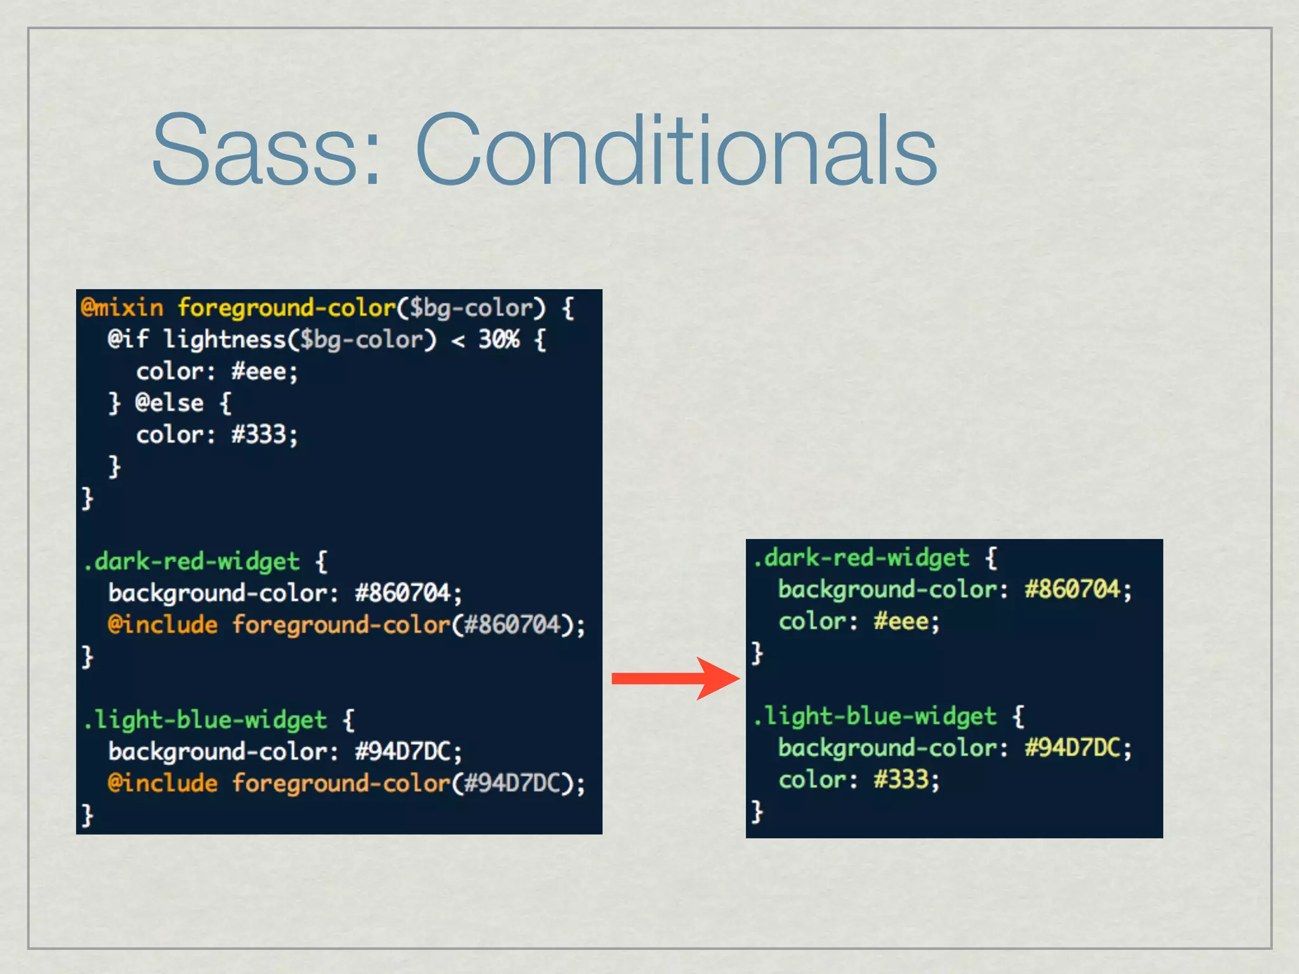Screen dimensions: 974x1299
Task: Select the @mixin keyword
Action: click(x=122, y=308)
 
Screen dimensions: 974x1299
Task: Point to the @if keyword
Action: click(x=128, y=340)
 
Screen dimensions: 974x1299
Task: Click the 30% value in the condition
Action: click(x=499, y=340)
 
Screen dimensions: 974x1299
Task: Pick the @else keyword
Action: click(x=169, y=403)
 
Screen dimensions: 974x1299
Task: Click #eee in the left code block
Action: click(x=259, y=372)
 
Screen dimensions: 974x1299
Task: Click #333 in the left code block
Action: click(x=259, y=435)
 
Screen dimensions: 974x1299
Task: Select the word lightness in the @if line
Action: click(x=225, y=340)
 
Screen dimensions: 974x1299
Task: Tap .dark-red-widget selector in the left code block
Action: click(x=191, y=562)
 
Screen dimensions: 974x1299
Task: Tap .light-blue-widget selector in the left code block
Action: click(x=205, y=720)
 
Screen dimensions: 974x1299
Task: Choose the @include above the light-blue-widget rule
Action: click(x=163, y=625)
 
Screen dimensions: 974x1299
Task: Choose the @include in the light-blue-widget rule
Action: click(x=163, y=784)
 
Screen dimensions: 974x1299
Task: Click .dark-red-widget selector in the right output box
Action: click(x=861, y=558)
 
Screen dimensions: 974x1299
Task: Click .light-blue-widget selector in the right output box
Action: click(x=875, y=717)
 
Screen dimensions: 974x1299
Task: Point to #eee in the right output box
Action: click(x=901, y=621)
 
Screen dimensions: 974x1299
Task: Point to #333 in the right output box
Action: click(x=901, y=780)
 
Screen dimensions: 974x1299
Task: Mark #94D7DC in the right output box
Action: click(x=1073, y=748)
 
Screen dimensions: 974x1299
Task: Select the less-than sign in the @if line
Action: click(x=458, y=341)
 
